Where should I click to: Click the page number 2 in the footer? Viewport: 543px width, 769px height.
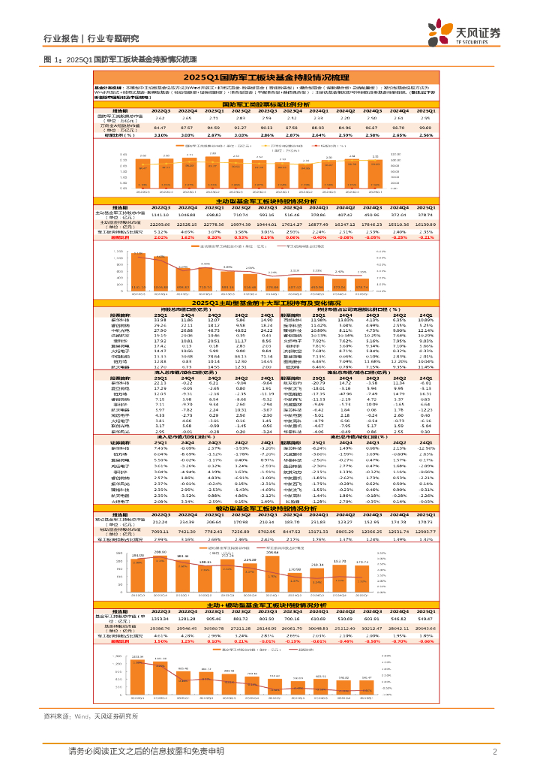point(495,752)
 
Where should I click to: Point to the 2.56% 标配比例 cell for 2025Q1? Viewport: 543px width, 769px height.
point(426,135)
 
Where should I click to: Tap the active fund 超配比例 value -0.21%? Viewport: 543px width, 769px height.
point(426,237)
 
